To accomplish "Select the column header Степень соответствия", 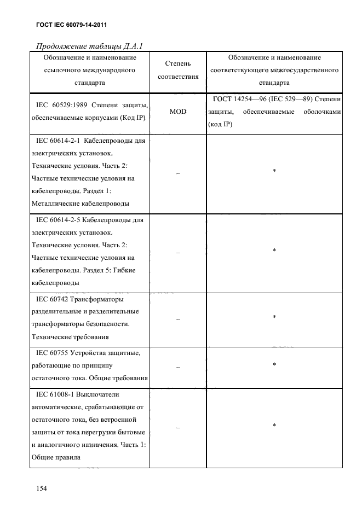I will pyautogui.click(x=178, y=70).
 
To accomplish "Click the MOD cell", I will pyautogui.click(x=178, y=112).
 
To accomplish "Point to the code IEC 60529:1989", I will pyautogui.click(x=61, y=105).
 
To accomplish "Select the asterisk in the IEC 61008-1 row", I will pyautogui.click(x=274, y=425).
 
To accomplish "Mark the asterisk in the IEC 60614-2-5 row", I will pyautogui.click(x=274, y=251).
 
